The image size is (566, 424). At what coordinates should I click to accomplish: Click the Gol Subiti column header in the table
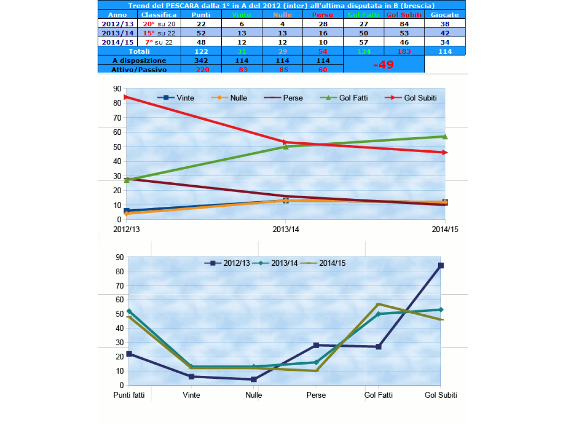404,15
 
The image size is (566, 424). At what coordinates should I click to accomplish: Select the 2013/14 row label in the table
118,33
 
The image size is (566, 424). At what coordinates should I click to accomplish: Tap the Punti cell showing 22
201,24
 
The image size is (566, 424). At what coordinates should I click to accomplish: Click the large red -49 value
383,65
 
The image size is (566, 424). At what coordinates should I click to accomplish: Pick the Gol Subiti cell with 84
404,24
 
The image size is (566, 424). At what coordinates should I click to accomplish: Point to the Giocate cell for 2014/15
444,42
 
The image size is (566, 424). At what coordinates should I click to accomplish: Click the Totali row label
139,51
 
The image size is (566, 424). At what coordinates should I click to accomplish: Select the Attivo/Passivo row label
139,69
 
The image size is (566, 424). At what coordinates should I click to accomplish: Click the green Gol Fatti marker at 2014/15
445,137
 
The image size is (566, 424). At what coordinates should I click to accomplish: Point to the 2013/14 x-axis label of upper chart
285,229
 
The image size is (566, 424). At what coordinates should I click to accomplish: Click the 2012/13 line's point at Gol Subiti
441,265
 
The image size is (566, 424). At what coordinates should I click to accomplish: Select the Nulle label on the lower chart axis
254,395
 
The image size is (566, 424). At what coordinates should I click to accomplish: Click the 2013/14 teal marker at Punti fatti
129,311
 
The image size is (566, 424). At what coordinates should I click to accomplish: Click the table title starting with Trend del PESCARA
281,5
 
